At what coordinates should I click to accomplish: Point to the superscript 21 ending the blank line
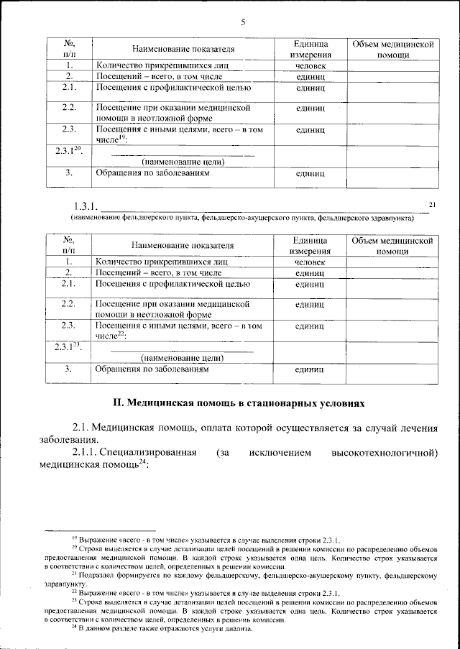(x=433, y=205)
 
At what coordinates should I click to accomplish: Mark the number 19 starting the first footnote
(x=73, y=538)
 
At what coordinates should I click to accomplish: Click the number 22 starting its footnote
(x=73, y=592)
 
